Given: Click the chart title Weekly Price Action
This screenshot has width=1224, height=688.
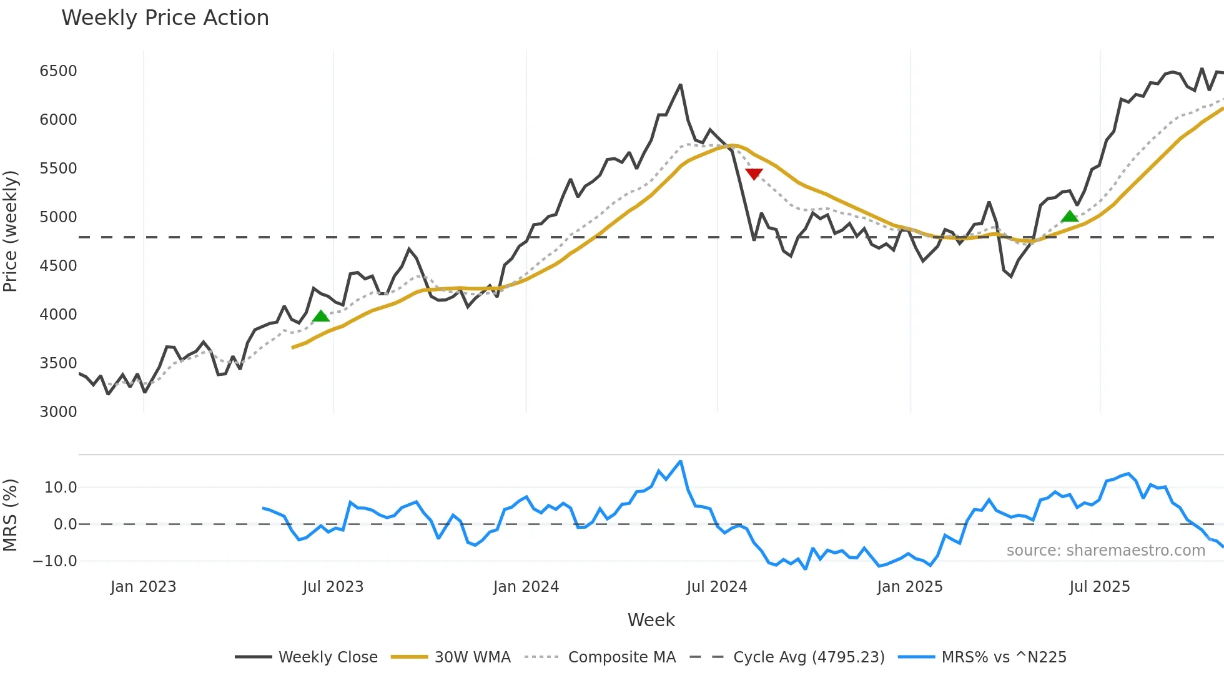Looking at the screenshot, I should tap(165, 18).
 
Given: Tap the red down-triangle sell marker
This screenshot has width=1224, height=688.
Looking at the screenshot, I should tap(754, 174).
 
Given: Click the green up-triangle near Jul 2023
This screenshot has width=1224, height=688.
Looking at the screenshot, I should tap(320, 317).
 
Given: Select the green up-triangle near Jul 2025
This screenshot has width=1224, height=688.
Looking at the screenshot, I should tap(1069, 217).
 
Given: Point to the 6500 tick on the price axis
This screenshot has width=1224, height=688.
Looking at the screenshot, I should tap(58, 71).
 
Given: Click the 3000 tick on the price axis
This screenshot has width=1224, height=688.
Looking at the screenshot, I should tap(58, 412).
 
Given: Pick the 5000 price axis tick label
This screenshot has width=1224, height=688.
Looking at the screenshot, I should tap(58, 217).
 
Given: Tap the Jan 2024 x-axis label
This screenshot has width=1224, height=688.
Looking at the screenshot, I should tap(526, 587).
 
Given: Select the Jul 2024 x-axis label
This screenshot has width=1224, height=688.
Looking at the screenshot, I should tap(716, 587).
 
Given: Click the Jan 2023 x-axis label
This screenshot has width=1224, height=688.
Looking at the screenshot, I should tap(143, 587).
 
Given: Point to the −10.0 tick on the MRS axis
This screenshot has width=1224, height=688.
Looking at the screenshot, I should tap(55, 561).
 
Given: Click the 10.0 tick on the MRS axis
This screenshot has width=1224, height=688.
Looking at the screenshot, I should tap(61, 488).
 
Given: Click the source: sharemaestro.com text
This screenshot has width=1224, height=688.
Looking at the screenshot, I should tap(1105, 551).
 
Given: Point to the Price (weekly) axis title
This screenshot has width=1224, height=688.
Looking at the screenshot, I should tap(11, 231).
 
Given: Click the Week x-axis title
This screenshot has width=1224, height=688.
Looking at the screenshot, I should tap(651, 620).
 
